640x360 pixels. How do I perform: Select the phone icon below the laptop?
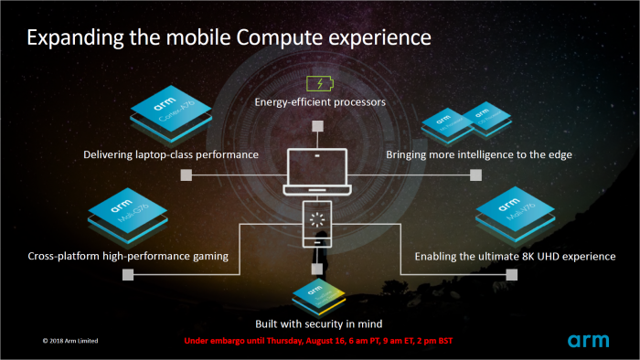[318, 224]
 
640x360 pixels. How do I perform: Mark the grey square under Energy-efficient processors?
[318, 127]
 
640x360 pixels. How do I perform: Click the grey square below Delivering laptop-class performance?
[186, 174]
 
